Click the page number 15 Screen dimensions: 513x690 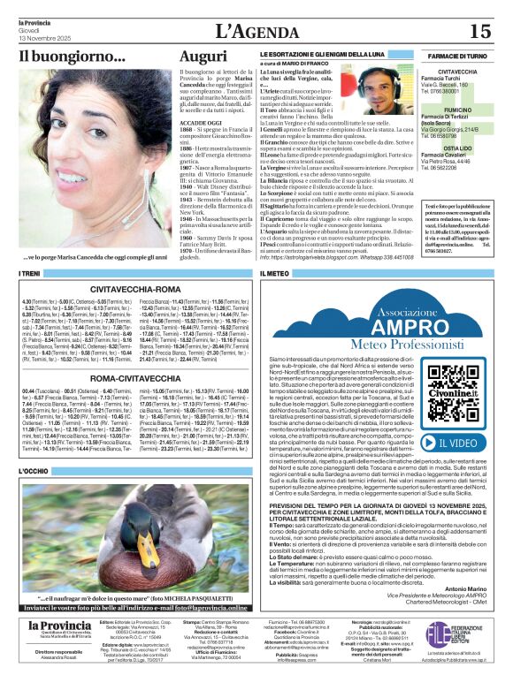coord(479,32)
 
